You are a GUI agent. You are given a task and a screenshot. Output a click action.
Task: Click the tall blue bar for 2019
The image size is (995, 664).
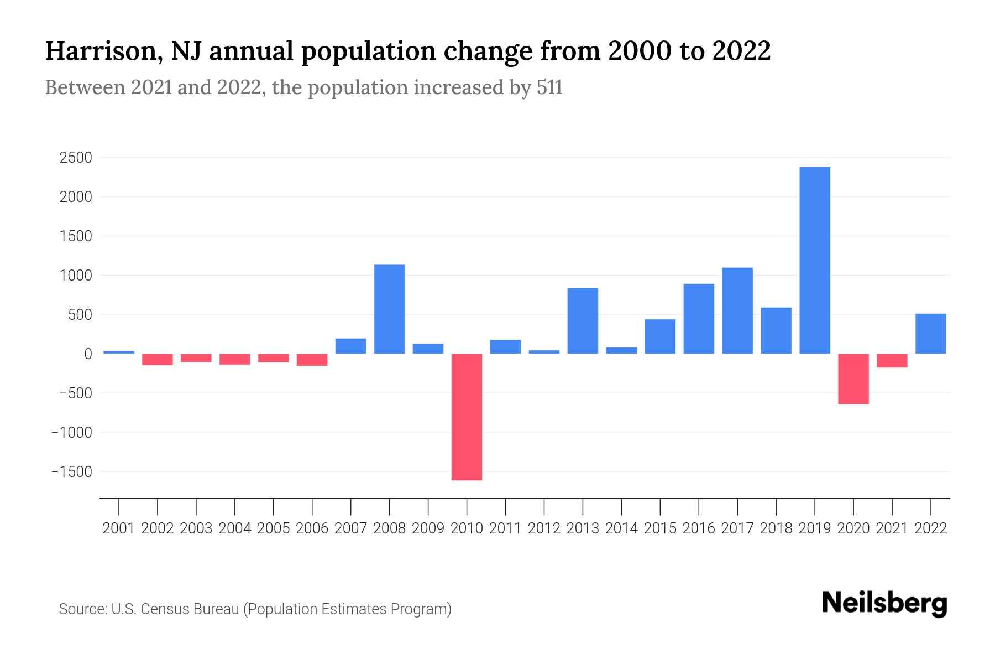point(814,260)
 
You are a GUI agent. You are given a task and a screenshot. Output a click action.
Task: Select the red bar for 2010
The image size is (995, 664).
point(467,417)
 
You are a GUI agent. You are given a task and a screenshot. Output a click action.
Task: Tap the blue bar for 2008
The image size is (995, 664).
point(389,309)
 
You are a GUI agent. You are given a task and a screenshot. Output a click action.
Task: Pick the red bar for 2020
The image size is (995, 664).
point(853,379)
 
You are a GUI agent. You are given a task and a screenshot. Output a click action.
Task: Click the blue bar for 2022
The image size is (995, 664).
point(930,334)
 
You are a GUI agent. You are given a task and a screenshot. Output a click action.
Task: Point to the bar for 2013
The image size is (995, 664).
point(583,321)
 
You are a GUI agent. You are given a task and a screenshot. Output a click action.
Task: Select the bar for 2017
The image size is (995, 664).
point(737,310)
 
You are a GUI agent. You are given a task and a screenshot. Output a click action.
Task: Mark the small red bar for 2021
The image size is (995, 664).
point(892,361)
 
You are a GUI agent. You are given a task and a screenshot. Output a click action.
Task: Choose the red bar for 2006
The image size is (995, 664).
point(312,360)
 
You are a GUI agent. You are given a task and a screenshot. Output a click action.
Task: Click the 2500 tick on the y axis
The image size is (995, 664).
point(76,158)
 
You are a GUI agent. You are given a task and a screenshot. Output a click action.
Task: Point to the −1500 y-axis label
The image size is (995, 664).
point(72,471)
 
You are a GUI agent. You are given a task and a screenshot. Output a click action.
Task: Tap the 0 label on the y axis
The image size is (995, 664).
point(88,354)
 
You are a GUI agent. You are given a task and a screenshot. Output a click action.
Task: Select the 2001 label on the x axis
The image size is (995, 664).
point(119,528)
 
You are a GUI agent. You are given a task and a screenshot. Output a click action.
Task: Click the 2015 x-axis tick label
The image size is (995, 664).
point(660,528)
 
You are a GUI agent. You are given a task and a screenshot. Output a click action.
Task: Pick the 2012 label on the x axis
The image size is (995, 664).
point(544,528)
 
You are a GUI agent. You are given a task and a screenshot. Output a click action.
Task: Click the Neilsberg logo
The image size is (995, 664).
point(884,603)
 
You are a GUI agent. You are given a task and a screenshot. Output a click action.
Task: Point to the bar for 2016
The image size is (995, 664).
point(699,319)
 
